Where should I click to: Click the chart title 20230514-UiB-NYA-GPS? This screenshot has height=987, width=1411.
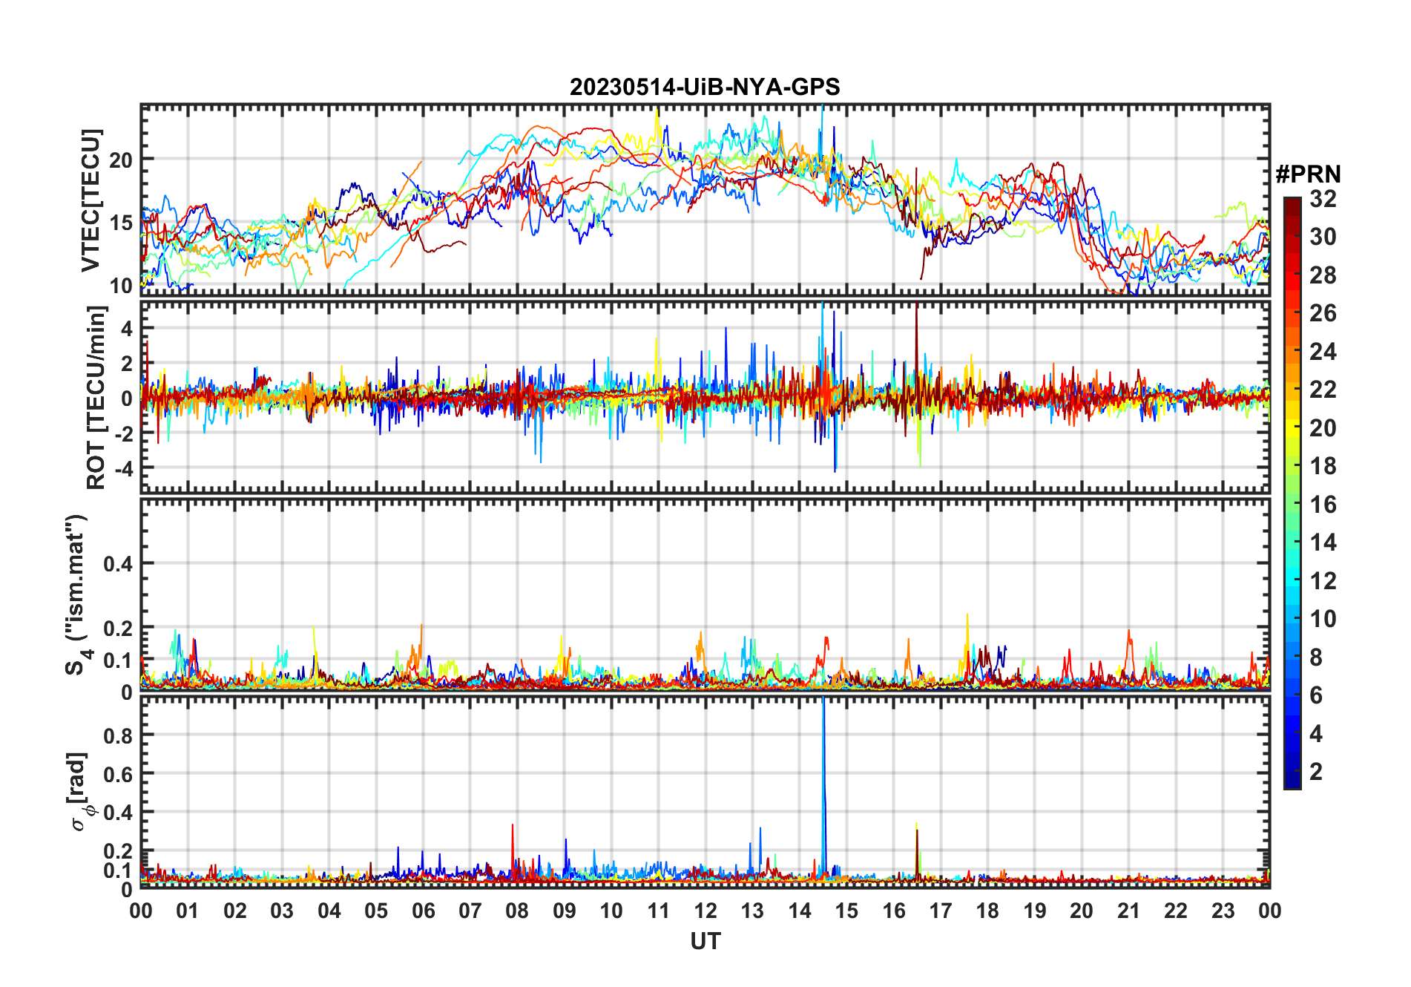[x=705, y=88]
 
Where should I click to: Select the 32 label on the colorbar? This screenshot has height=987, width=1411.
[x=1323, y=199]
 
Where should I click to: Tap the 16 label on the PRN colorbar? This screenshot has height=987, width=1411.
[x=1323, y=505]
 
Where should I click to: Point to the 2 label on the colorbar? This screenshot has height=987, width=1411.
[x=1316, y=772]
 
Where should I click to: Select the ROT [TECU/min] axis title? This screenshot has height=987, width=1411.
[x=96, y=398]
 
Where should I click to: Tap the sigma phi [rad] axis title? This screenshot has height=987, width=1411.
[x=80, y=792]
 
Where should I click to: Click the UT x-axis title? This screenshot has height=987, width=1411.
[x=705, y=942]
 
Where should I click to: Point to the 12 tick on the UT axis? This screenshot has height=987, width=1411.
[x=705, y=911]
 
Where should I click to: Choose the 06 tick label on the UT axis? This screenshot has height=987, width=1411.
[x=423, y=911]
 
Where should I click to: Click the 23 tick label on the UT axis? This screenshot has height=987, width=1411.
[x=1223, y=911]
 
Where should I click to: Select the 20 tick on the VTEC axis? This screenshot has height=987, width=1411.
[x=121, y=160]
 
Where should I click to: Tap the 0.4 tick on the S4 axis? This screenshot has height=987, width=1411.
[x=118, y=564]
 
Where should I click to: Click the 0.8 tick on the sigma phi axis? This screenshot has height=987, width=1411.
[x=118, y=735]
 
